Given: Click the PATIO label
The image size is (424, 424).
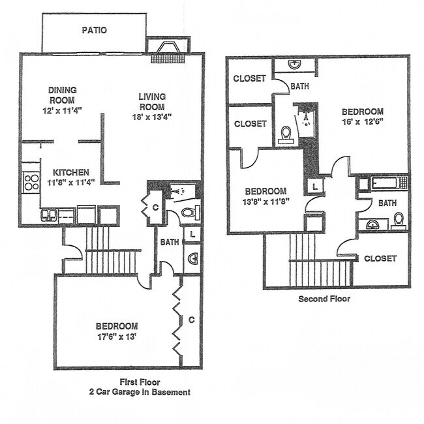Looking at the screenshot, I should click(x=95, y=30).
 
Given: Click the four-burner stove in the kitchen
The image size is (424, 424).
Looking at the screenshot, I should click(x=31, y=181).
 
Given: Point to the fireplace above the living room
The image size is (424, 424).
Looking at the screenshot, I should click(x=167, y=51).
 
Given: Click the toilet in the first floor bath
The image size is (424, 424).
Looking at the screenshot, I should click(x=189, y=213).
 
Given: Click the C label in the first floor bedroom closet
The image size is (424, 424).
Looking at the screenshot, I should click(x=191, y=320).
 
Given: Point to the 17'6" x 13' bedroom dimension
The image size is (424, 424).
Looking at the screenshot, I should click(x=117, y=337).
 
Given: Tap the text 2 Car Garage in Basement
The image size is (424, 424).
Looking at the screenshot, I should click(x=140, y=392).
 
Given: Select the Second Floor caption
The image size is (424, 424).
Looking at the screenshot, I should click(x=324, y=299).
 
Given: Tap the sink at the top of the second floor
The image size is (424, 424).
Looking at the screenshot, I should click(x=294, y=65).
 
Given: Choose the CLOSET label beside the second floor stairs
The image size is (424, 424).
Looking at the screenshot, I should click(x=380, y=258).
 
